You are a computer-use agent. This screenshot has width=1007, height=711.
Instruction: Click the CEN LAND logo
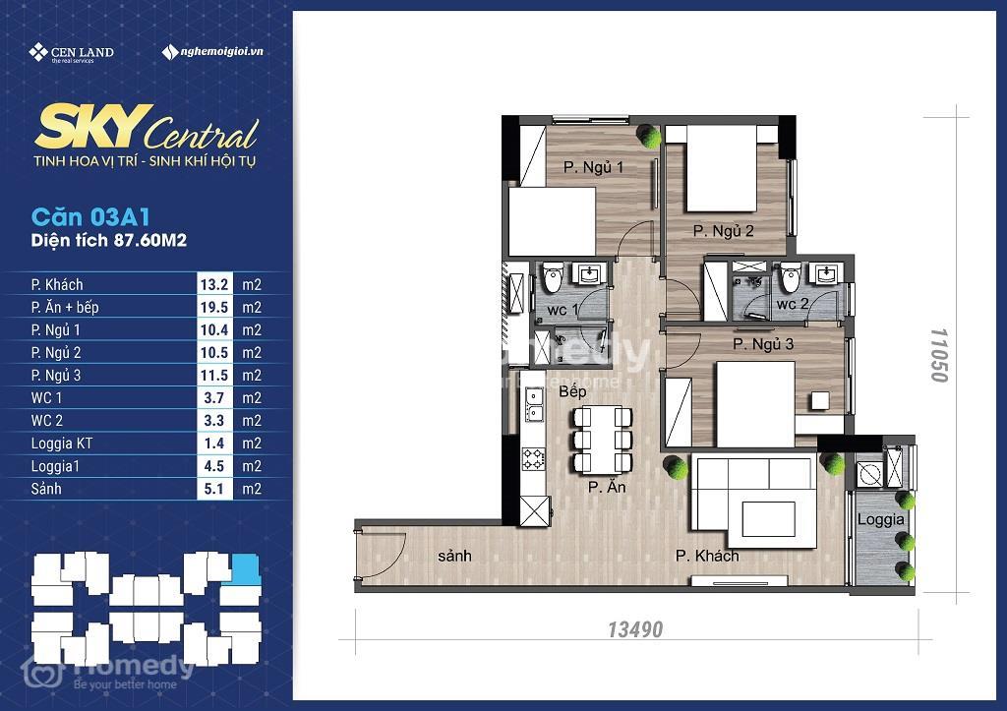pos(71,53)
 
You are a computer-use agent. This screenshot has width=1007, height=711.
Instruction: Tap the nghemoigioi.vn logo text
pos(212,51)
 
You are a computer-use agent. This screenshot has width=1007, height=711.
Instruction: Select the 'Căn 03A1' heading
pos(90,217)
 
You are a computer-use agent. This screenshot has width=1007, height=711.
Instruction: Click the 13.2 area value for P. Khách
pos(213,284)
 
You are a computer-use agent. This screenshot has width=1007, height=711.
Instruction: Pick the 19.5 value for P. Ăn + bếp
pos(213,307)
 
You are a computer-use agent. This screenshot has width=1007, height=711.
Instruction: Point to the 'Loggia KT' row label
pos(62,444)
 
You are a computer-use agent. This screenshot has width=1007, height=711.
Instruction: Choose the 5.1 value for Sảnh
pos(213,489)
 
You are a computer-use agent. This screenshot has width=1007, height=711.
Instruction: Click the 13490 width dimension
pos(635,629)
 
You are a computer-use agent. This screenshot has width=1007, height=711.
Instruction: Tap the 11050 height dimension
pos(939,355)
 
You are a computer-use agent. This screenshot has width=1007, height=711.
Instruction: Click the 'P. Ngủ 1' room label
pos(593,167)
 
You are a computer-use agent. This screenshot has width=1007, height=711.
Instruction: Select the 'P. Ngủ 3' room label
pos(763,344)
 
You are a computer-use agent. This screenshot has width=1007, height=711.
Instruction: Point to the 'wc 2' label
pos(793,304)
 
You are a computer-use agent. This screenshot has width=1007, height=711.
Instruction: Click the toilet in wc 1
pos(553,277)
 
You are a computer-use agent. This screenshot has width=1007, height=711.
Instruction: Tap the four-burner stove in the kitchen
pos(533,458)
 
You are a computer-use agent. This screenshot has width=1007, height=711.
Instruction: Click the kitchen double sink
pos(533,404)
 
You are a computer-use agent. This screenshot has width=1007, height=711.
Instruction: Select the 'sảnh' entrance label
pos(454,556)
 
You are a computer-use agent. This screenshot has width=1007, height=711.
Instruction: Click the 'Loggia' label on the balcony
pos(880,519)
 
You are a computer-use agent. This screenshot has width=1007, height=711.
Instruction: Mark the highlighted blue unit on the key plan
pos(246,569)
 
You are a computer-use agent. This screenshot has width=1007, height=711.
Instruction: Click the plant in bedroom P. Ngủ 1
pos(648,136)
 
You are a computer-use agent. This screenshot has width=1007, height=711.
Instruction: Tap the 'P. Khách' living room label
pos(707,556)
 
